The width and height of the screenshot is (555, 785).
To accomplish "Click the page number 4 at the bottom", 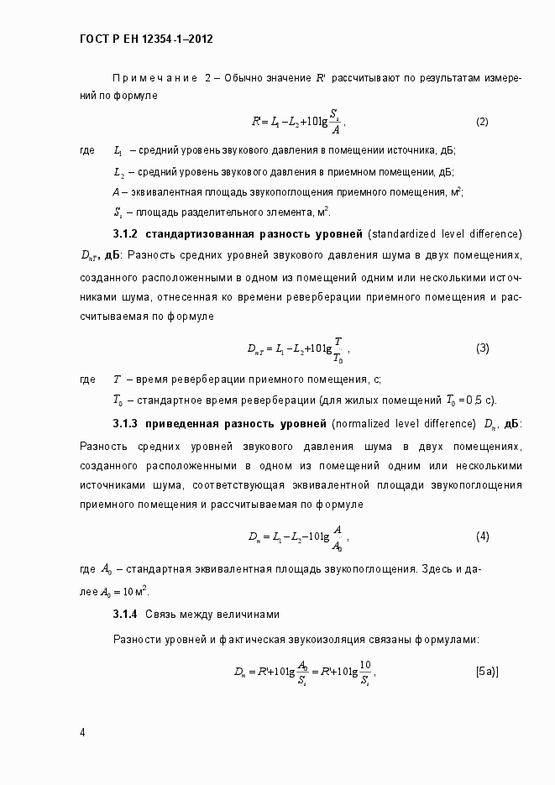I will click(x=82, y=732).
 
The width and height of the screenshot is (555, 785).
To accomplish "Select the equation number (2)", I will click(x=482, y=122).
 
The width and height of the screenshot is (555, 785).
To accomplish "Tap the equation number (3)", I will click(x=482, y=348).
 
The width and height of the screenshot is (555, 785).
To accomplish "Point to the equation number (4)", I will click(x=482, y=536).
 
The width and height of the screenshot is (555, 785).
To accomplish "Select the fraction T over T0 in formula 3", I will click(x=337, y=348).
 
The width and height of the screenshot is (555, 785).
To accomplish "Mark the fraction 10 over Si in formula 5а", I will click(x=364, y=672).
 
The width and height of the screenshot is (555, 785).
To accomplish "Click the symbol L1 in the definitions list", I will click(x=118, y=151).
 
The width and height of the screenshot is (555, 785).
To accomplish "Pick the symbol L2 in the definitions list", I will click(x=118, y=172).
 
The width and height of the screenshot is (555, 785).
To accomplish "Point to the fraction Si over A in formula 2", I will click(x=333, y=122).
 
